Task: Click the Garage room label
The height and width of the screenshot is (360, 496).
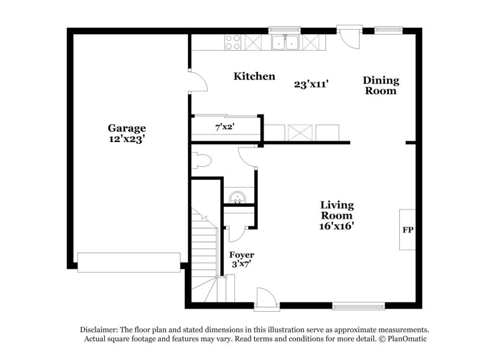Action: point(126,128)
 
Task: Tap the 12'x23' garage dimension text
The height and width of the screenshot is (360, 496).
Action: point(126,139)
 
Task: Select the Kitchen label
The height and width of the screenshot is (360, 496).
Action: point(254,76)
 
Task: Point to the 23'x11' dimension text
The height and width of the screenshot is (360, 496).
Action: point(311,84)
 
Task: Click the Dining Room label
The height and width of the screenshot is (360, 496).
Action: point(381,86)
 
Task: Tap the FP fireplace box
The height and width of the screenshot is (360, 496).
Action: point(408,230)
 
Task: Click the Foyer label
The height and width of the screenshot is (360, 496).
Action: point(242,255)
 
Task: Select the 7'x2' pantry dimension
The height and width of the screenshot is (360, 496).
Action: point(224,128)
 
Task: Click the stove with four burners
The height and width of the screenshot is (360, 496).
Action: point(233,42)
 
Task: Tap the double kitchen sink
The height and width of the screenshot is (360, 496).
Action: point(285,42)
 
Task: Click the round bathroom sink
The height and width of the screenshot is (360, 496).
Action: point(237,198)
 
